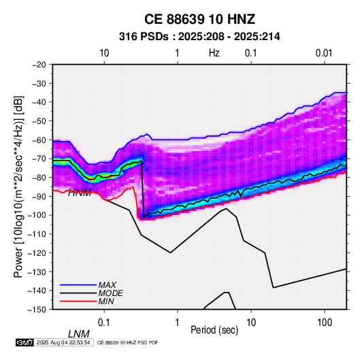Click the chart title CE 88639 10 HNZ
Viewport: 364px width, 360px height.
point(199,19)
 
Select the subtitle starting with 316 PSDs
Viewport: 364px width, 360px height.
point(199,37)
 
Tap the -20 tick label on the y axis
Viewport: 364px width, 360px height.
point(39,65)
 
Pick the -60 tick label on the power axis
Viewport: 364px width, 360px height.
point(39,140)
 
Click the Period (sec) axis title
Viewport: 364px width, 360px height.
point(214,330)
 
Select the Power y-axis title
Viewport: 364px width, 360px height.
point(18,186)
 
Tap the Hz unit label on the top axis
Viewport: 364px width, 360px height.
point(214,53)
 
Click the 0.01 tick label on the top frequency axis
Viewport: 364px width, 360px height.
point(324,53)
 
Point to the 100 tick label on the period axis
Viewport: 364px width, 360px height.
point(325,323)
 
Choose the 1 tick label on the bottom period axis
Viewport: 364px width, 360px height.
point(178,323)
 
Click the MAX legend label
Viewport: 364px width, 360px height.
point(107,284)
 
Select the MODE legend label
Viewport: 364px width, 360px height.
point(110,293)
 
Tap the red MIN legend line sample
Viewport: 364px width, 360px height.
point(78,301)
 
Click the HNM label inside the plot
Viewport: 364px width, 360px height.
point(80,193)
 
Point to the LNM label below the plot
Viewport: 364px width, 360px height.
point(79,334)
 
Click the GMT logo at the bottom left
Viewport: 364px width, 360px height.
point(24,342)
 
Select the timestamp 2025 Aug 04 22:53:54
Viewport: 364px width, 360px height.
point(63,342)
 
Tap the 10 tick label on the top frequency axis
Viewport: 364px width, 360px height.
point(104,53)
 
